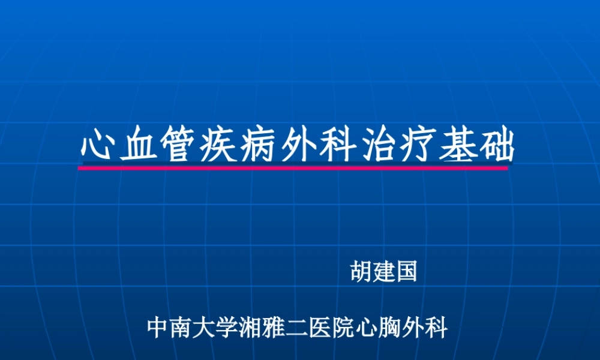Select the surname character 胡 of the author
pos(361,272)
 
